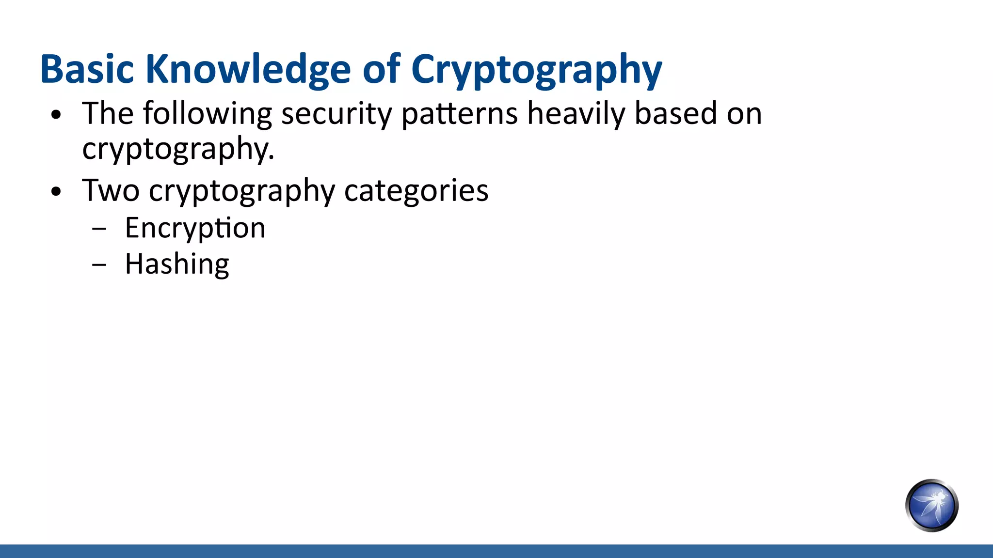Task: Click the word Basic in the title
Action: click(x=87, y=69)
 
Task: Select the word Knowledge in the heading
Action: click(x=248, y=69)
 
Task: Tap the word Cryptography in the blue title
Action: click(x=536, y=69)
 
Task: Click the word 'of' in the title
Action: click(x=382, y=69)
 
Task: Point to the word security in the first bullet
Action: click(x=336, y=114)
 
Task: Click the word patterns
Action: click(x=460, y=114)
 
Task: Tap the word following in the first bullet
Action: click(x=208, y=114)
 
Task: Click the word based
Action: click(x=675, y=113)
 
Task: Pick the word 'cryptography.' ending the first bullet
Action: click(x=178, y=149)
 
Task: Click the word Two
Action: click(x=111, y=190)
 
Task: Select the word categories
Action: click(x=416, y=191)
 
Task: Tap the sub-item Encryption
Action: click(x=195, y=228)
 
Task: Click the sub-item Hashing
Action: click(x=177, y=264)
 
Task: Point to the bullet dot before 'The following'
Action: click(x=57, y=115)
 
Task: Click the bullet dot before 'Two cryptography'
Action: click(x=57, y=192)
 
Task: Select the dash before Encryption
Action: click(x=99, y=230)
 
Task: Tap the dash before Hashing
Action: click(x=99, y=265)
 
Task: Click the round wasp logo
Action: click(x=931, y=505)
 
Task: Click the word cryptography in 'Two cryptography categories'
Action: click(x=242, y=191)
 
